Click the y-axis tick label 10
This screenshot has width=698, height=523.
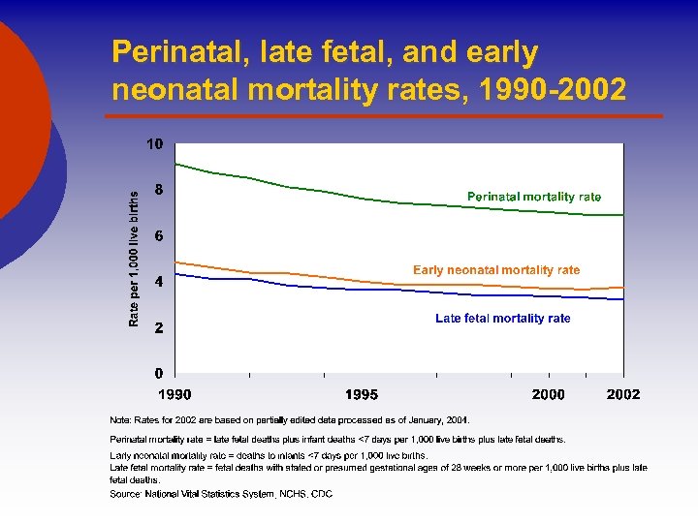click(x=155, y=144)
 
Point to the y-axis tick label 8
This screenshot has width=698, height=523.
click(x=159, y=190)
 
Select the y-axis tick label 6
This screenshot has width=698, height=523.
click(x=159, y=235)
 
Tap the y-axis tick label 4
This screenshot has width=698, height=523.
click(x=159, y=281)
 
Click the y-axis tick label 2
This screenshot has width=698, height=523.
click(x=159, y=327)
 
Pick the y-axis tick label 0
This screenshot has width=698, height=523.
click(x=159, y=373)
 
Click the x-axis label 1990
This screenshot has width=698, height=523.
click(x=175, y=394)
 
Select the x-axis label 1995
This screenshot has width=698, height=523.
click(x=362, y=394)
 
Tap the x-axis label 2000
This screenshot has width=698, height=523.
click(x=548, y=394)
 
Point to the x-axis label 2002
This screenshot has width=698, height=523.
click(x=623, y=394)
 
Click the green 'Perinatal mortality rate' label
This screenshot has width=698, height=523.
click(x=534, y=197)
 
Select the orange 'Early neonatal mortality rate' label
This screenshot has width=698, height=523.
click(x=496, y=270)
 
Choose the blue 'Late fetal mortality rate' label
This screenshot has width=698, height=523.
click(x=503, y=318)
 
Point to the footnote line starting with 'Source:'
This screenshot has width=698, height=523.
click(x=221, y=494)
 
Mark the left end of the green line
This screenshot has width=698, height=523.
click(x=175, y=164)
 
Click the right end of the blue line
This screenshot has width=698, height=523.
click(x=623, y=299)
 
